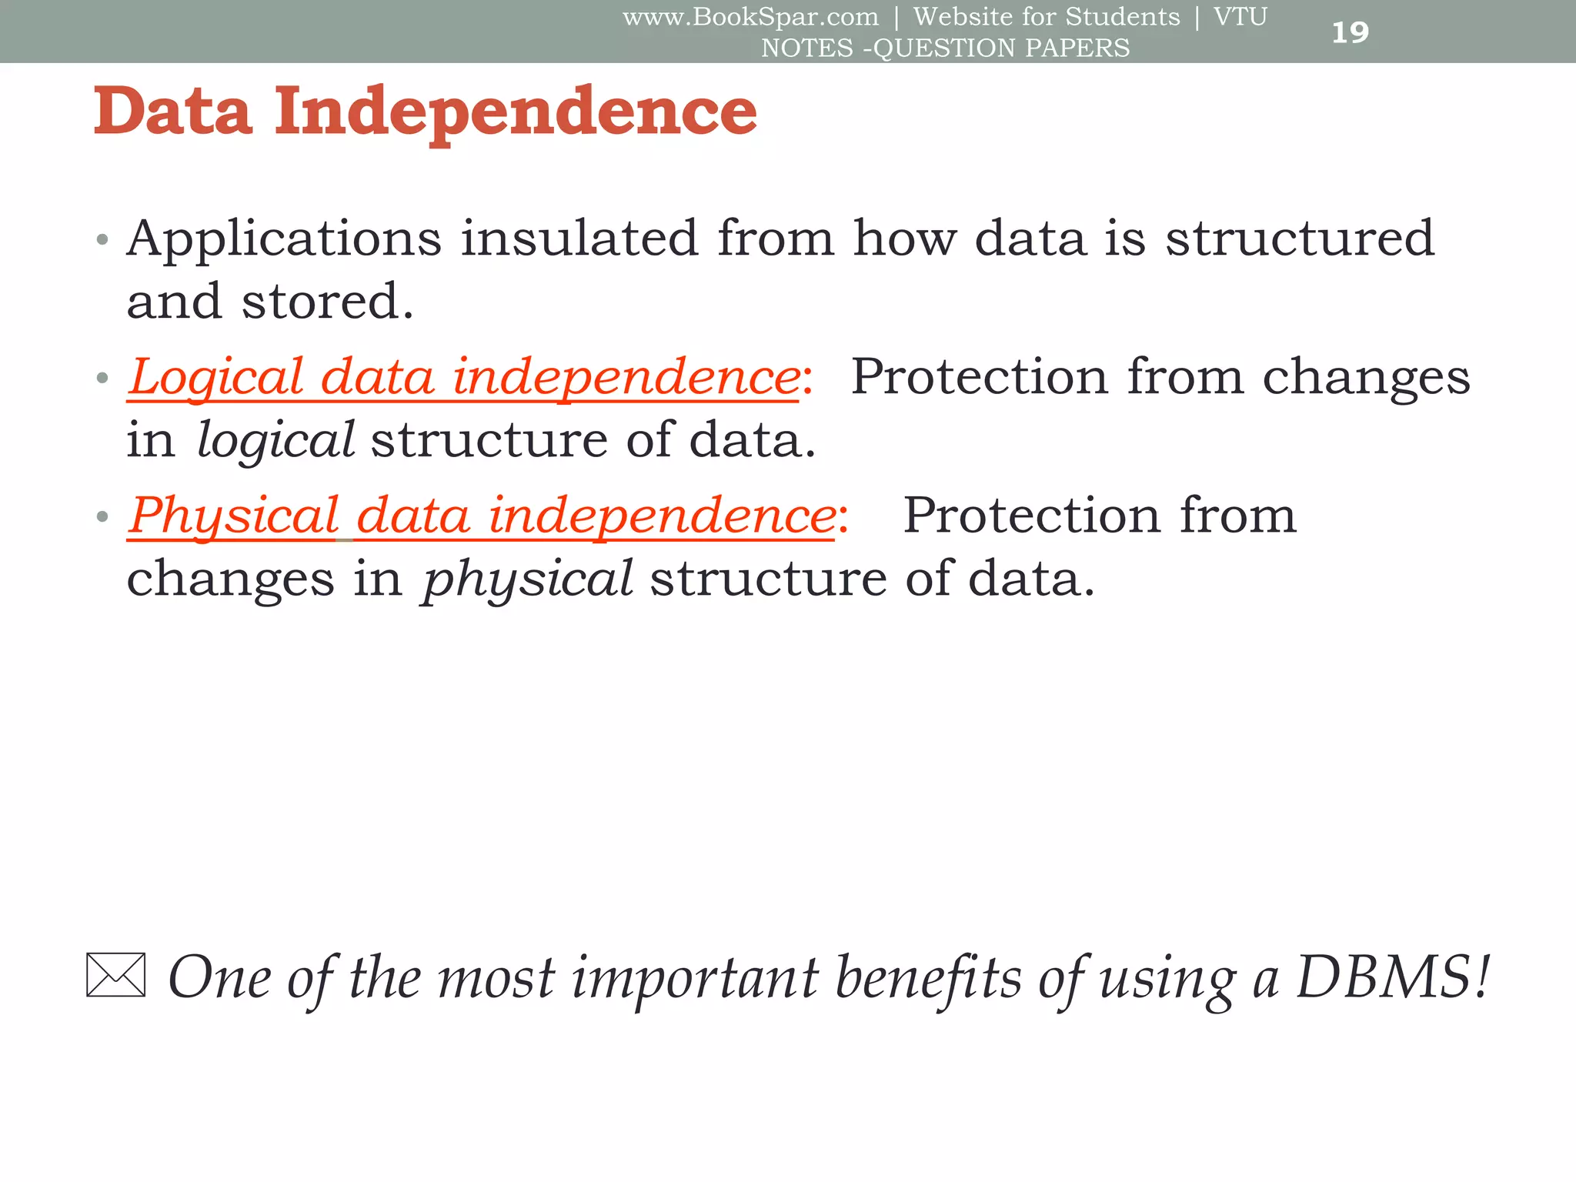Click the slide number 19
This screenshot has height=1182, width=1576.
(x=1350, y=32)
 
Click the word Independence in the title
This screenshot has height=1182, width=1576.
(x=516, y=112)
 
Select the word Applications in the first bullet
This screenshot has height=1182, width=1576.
(x=284, y=239)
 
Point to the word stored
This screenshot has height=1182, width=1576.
(x=328, y=301)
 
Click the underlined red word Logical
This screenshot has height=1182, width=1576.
(x=216, y=377)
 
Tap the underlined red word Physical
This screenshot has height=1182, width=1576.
(x=234, y=516)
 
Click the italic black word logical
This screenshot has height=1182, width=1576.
(x=275, y=440)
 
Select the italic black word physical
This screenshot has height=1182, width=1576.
(x=528, y=579)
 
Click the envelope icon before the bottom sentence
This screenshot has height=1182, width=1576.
(x=115, y=975)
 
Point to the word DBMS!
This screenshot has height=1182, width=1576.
(x=1394, y=977)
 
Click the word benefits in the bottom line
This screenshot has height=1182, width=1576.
(x=928, y=977)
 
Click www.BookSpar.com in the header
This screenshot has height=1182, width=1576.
(x=750, y=17)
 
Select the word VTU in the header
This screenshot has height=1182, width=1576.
(x=1240, y=17)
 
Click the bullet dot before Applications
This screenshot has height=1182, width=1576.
(x=102, y=239)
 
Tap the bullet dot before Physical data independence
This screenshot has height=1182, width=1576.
(x=102, y=516)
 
